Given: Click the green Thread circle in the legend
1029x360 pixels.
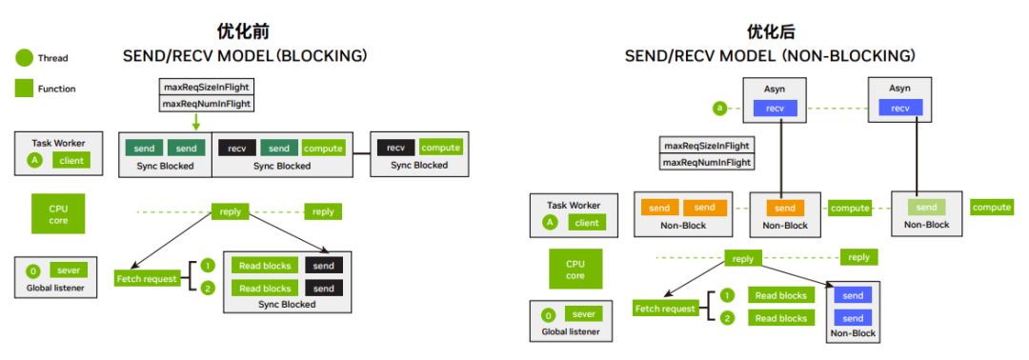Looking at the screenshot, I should (24, 58).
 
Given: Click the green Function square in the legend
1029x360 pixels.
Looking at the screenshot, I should (24, 89).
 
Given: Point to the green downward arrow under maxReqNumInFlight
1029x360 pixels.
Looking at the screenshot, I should (195, 122).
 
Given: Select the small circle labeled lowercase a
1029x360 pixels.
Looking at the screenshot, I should (719, 109).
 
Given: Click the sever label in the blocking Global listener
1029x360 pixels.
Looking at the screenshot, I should (69, 270).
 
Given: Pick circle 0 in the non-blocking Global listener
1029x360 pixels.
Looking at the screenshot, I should (548, 315).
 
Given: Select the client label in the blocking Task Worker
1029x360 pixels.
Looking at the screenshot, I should (71, 161).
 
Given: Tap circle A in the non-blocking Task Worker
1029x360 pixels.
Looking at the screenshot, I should (550, 223).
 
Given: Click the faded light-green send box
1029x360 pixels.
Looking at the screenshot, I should (926, 207).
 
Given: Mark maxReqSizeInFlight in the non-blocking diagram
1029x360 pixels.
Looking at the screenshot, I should (707, 146).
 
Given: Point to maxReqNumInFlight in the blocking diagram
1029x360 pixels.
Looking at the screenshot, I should (206, 104).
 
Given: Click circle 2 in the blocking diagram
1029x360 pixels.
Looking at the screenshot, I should (208, 289).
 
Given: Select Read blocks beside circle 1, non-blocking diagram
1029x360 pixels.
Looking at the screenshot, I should (780, 295).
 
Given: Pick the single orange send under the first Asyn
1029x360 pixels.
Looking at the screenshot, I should (784, 208).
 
